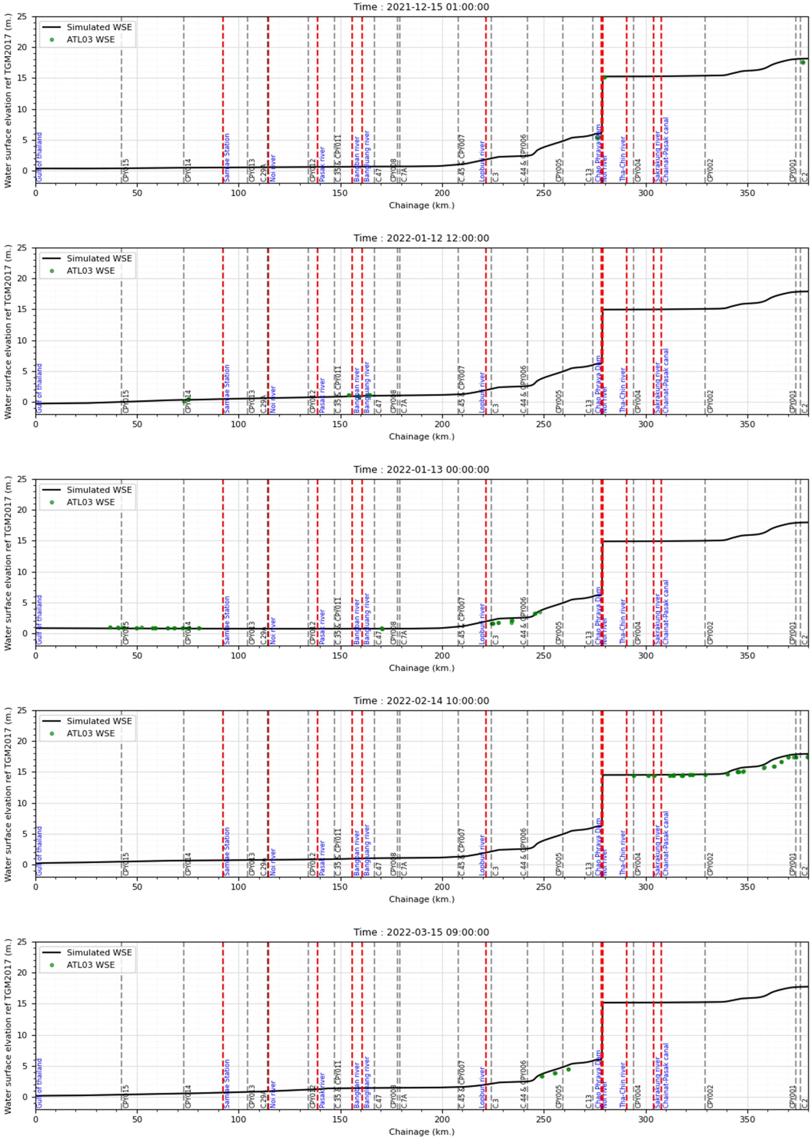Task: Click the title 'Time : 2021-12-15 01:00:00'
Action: pos(421,7)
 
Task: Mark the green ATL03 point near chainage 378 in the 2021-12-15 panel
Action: pos(803,62)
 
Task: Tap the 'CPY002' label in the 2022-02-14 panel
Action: pos(710,865)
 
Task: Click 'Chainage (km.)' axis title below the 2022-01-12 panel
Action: pos(421,436)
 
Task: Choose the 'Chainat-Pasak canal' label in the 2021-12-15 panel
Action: pos(665,150)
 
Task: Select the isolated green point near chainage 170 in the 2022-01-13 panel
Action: pos(382,629)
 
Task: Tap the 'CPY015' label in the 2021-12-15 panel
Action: pos(125,170)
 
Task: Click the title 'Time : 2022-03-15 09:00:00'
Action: pos(421,932)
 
